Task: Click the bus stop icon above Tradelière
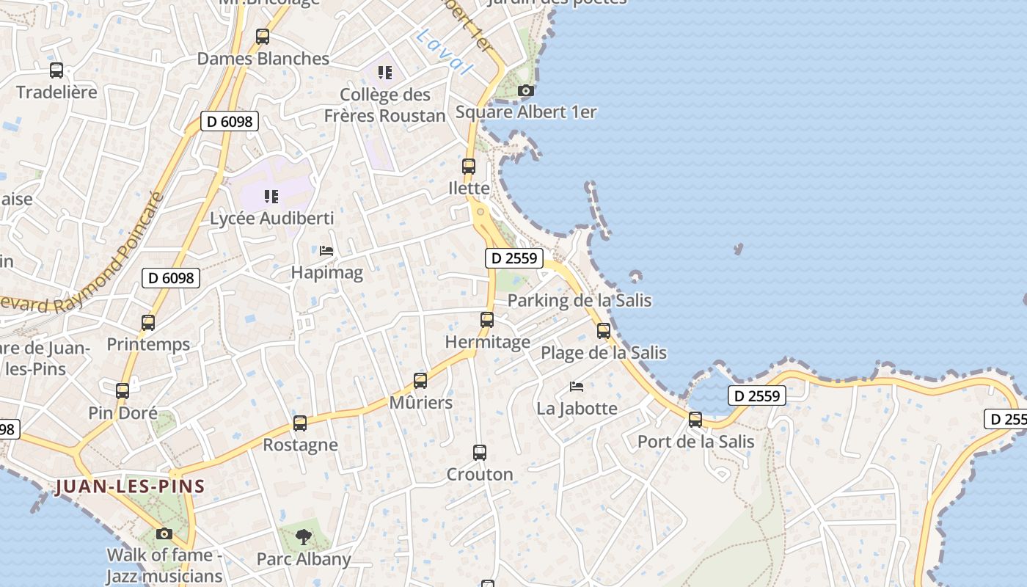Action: (56, 70)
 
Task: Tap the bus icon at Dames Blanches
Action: (263, 37)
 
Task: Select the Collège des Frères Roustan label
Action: (385, 105)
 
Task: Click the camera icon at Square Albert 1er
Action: (525, 91)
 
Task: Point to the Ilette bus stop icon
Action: (469, 167)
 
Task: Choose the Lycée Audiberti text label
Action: (272, 218)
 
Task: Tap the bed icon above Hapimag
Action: (326, 251)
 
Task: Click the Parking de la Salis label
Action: (580, 300)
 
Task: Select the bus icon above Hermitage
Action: (487, 320)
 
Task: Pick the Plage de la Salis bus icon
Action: (604, 331)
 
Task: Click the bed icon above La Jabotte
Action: (577, 387)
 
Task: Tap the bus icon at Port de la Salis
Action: (695, 420)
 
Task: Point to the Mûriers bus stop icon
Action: (420, 381)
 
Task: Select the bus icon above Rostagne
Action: (300, 423)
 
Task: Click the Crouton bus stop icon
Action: (480, 453)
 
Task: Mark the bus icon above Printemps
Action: (148, 323)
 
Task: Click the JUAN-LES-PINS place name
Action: (129, 486)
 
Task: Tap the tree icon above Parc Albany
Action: (304, 537)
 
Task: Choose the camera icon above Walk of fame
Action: (164, 533)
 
